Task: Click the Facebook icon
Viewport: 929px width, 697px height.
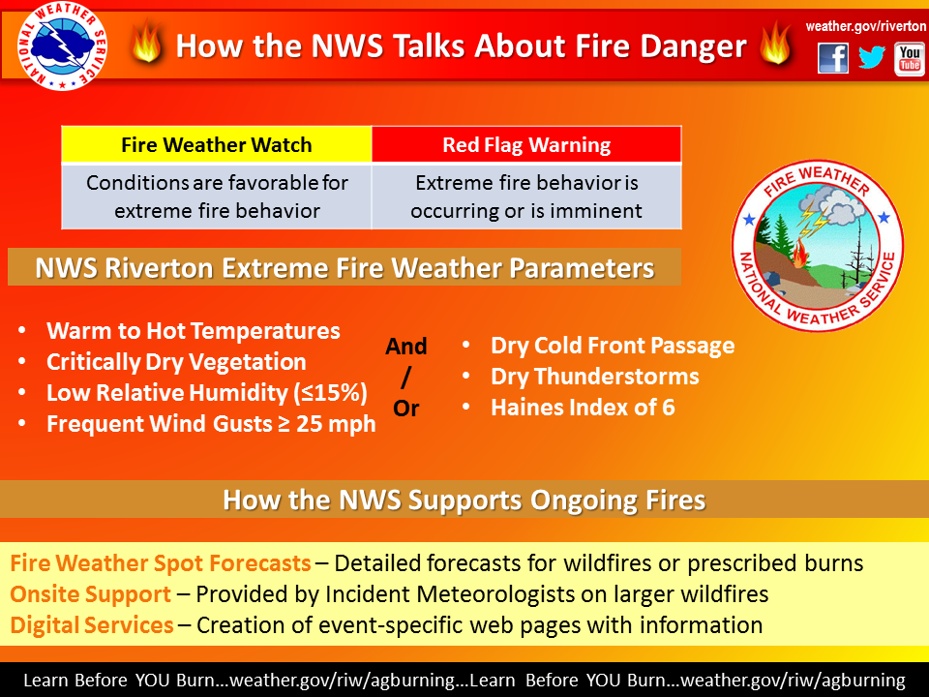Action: click(x=833, y=58)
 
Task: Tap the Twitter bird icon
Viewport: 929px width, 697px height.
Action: click(x=872, y=57)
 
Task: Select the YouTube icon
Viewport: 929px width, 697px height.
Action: click(x=910, y=59)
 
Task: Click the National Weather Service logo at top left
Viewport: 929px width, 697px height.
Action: click(x=62, y=45)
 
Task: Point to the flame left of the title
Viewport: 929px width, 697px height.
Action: click(x=146, y=42)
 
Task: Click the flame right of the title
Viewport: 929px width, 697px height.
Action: click(x=775, y=43)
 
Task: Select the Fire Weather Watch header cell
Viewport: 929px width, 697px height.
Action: click(x=217, y=144)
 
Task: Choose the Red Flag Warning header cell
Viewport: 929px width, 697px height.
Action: click(x=526, y=144)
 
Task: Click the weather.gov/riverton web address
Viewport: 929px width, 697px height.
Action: click(x=865, y=26)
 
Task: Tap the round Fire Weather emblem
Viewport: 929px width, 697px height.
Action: click(x=818, y=245)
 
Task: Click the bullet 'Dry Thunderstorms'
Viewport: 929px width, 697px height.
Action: click(x=595, y=377)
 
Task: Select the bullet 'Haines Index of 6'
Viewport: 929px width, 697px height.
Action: click(x=583, y=408)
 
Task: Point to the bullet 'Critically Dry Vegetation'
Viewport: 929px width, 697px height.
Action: click(x=176, y=361)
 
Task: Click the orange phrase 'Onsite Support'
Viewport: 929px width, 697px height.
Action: click(x=91, y=593)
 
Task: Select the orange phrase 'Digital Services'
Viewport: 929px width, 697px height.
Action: click(x=92, y=624)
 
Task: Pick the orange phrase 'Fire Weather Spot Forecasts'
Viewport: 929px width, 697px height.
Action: click(x=161, y=563)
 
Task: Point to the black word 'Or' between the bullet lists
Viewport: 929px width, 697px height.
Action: click(x=405, y=408)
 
